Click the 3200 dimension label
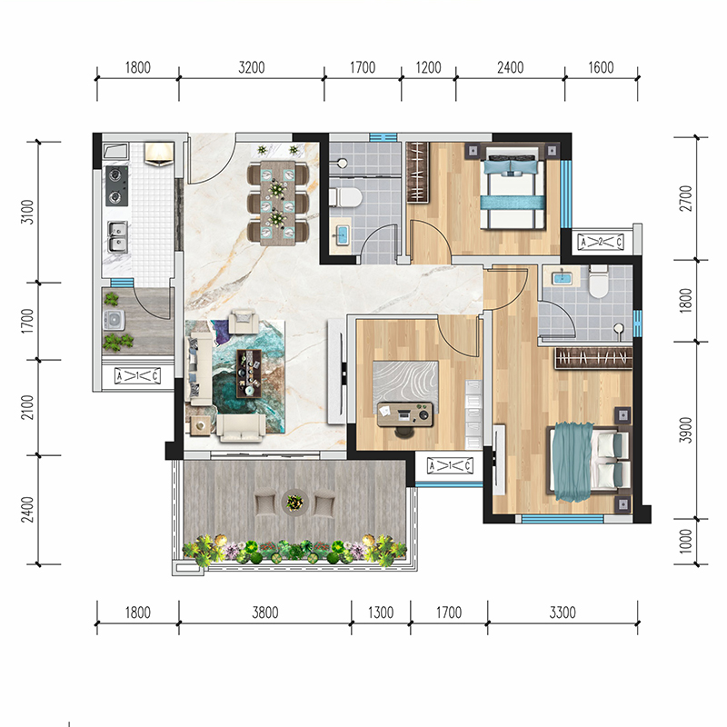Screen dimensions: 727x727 pos(252,67)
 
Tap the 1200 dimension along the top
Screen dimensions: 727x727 pos(428,67)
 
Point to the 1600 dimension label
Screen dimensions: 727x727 pos(601,67)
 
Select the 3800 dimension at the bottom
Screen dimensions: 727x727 pos(265,612)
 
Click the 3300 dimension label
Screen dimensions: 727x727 pos(563,612)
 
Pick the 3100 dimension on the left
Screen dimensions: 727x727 pos(28,212)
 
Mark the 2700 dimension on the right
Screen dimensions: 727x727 pos(686,198)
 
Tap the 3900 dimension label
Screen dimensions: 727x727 pos(686,430)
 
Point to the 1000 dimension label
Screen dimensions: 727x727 pos(686,541)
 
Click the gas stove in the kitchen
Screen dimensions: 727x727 pos(116,186)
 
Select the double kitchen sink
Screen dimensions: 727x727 pos(117,236)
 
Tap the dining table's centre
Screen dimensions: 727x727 pos(278,203)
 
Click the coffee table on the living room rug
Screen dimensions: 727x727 pos(249,373)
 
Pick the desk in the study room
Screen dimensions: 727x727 pos(405,414)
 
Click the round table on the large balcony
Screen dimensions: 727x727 pos(294,502)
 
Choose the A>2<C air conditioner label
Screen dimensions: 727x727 pos(601,242)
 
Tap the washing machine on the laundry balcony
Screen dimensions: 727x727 pos(114,320)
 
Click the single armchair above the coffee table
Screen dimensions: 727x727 pos(244,321)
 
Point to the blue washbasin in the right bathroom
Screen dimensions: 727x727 pos(562,278)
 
